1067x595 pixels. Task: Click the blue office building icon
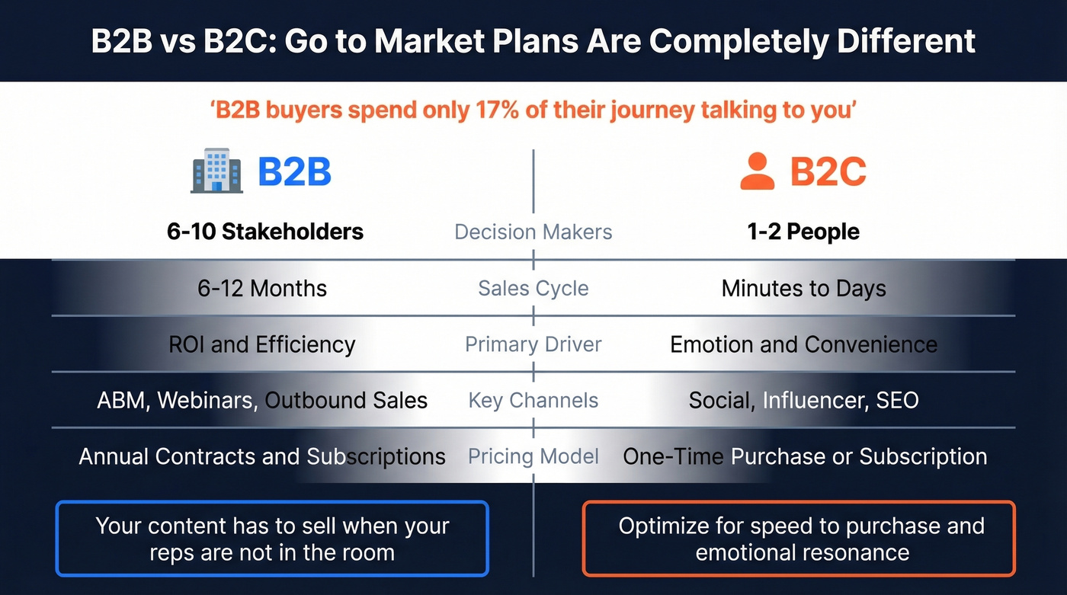[x=216, y=171]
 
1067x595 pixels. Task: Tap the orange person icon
[x=757, y=171]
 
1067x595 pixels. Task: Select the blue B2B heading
[x=294, y=171]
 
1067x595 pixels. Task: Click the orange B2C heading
[x=828, y=171]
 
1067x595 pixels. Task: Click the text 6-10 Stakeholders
[x=265, y=232]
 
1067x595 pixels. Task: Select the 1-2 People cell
[x=803, y=232]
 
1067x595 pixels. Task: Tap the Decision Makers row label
[x=533, y=232]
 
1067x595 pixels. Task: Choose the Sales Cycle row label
[x=533, y=289]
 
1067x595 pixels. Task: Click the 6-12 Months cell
[x=262, y=289]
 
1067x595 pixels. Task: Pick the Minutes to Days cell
[x=804, y=289]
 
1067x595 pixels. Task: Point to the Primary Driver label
[x=533, y=344]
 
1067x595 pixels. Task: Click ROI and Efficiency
[x=262, y=344]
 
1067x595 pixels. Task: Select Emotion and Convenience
[x=804, y=344]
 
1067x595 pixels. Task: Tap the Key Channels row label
[x=533, y=400]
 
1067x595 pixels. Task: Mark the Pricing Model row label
[x=533, y=456]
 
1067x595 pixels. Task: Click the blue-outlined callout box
[x=272, y=538]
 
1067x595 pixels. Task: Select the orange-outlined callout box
[x=799, y=538]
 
